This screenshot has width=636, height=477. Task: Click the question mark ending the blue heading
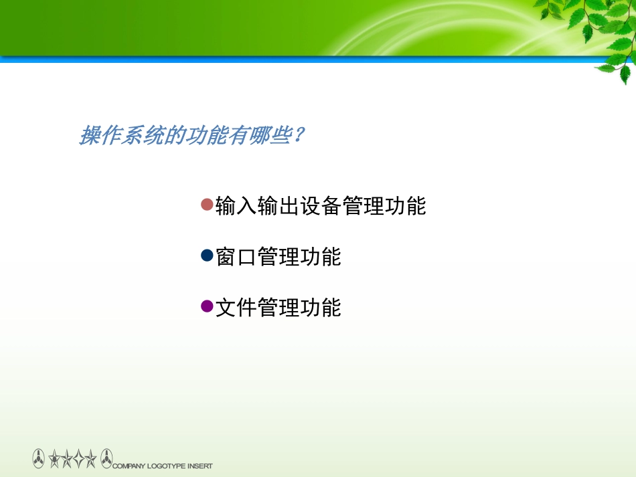pos(299,136)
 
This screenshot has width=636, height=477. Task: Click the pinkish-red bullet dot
pos(207,204)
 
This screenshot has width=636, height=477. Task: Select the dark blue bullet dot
pos(207,256)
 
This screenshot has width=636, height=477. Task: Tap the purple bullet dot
pos(207,306)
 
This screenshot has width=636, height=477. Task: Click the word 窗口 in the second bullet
pos(236,257)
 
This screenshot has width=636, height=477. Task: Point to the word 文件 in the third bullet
pos(236,308)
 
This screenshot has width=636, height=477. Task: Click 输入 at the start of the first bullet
pos(236,206)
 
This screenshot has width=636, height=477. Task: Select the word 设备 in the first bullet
pos(321,206)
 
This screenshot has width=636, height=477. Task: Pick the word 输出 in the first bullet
pos(279,206)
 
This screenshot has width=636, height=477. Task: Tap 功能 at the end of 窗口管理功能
pos(321,257)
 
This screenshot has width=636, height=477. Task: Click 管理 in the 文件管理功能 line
pos(279,308)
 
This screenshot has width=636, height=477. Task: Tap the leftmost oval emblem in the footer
pos(39,459)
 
